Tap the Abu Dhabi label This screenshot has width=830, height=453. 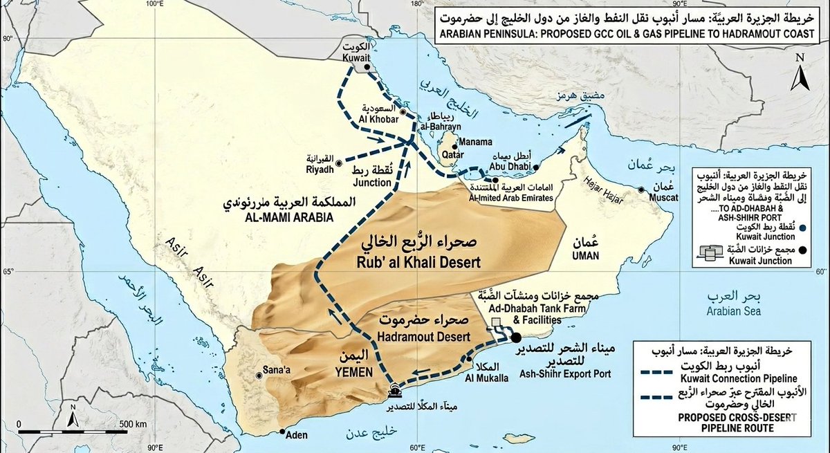pos(510,166)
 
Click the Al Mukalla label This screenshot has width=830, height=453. pos(488,378)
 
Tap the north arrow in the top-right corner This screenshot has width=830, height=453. pos(800,73)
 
